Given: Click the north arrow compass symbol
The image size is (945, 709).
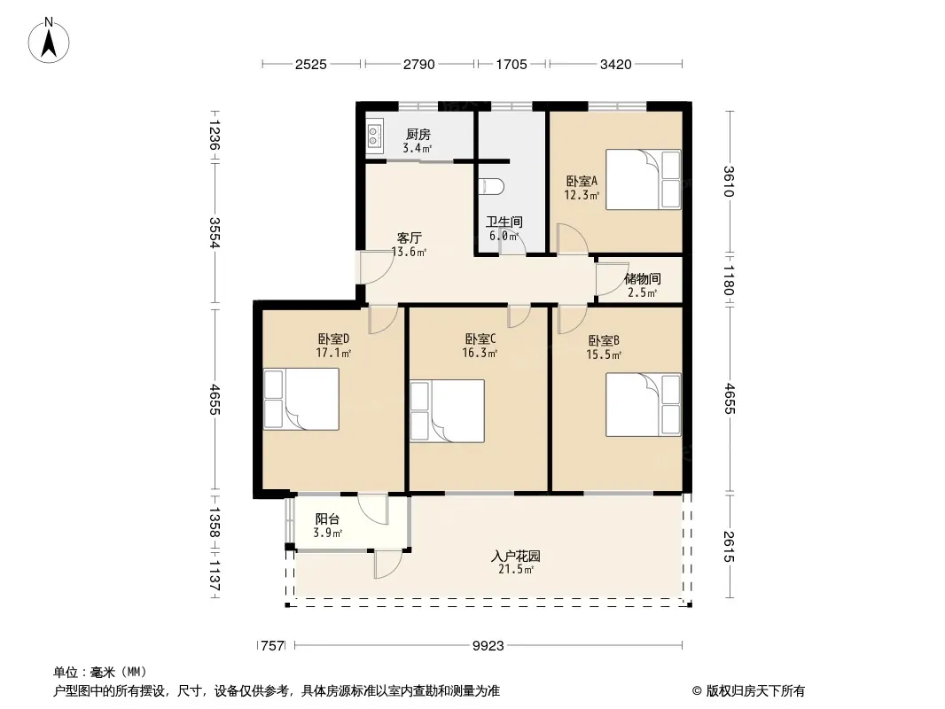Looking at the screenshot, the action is (49, 40).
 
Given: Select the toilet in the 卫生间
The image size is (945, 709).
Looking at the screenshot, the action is (491, 186).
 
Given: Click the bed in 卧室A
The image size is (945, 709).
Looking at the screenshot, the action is (643, 180).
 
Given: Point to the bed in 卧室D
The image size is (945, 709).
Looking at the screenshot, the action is (301, 399).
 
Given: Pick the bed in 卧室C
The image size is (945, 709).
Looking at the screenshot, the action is (447, 411).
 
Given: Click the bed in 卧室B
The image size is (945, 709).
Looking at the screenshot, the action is (643, 404).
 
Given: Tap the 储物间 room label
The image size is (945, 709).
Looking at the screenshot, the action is (643, 279).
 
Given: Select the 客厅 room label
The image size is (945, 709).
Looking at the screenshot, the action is (410, 238).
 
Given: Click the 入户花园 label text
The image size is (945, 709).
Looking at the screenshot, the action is (515, 556).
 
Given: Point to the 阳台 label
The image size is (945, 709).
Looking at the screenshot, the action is (327, 519).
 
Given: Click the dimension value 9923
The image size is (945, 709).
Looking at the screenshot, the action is (488, 646).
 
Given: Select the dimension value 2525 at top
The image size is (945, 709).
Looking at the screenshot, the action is (311, 64).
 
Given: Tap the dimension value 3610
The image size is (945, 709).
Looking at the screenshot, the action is (729, 182).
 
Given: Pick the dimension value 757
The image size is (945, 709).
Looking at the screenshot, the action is (272, 646).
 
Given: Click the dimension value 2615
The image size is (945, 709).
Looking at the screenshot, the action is (729, 546).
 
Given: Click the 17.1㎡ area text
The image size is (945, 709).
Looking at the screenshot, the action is (334, 353).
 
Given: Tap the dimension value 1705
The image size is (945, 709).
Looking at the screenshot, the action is (512, 64).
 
